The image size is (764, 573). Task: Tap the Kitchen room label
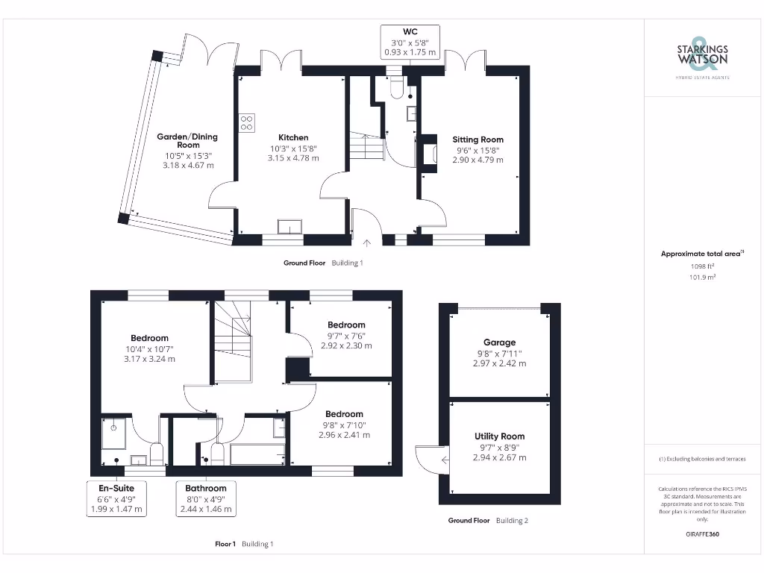click(293, 137)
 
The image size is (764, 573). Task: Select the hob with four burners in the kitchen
click(246, 122)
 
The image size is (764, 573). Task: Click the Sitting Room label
click(477, 140)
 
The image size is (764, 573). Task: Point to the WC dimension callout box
click(410, 42)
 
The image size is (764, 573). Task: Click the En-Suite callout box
click(116, 498)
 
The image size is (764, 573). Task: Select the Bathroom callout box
click(205, 498)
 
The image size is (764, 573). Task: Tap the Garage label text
click(499, 342)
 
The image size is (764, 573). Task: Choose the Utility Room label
click(499, 436)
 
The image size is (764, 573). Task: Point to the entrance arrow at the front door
click(366, 242)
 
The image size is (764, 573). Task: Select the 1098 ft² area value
click(701, 266)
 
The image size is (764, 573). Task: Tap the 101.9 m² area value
click(701, 277)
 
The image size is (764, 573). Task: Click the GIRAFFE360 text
click(701, 534)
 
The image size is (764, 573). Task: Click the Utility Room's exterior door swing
click(430, 459)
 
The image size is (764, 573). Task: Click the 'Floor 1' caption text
click(225, 544)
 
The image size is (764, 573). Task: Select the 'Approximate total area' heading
click(701, 254)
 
